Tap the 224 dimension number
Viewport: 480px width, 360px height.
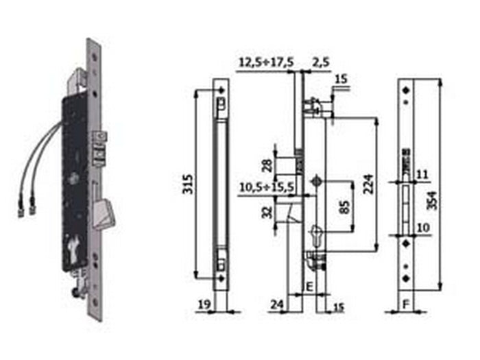click(369, 184)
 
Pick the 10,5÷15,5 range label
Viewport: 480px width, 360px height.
click(264, 186)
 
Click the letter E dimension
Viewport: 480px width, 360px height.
click(309, 286)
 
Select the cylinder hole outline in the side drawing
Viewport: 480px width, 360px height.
click(315, 233)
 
